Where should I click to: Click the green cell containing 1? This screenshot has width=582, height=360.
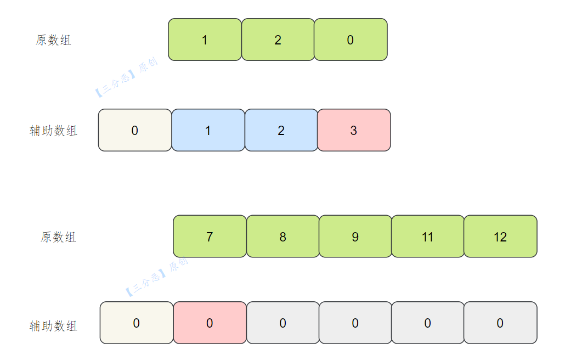tap(205, 40)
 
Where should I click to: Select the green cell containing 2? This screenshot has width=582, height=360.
tap(278, 40)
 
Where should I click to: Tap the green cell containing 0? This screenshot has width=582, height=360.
tap(351, 40)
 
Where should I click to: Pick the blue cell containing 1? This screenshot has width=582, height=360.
tap(208, 130)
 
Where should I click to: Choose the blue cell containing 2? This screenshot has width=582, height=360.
tap(281, 130)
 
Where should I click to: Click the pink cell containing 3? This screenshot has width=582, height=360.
tap(354, 130)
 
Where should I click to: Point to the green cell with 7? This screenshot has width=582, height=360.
tap(210, 237)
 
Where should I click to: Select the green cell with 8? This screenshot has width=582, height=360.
tap(283, 237)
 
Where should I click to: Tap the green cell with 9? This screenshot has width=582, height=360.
tap(355, 237)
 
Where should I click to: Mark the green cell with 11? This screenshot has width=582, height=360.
tap(428, 237)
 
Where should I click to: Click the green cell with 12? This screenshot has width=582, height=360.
tap(501, 237)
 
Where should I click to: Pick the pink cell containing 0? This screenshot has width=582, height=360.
tap(210, 323)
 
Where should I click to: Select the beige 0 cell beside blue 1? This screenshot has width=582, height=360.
tap(135, 130)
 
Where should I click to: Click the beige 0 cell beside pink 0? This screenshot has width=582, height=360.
tap(137, 323)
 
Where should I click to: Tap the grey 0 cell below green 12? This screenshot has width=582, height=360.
tap(501, 323)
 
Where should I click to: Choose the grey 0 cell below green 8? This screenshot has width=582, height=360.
tap(283, 323)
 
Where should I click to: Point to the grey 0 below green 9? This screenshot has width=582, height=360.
tap(355, 323)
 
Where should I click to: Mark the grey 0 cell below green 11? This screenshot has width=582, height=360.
tap(428, 323)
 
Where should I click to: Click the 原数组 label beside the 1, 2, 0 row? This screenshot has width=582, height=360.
tap(53, 40)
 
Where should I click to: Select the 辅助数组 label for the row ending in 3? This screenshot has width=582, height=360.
tap(53, 131)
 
